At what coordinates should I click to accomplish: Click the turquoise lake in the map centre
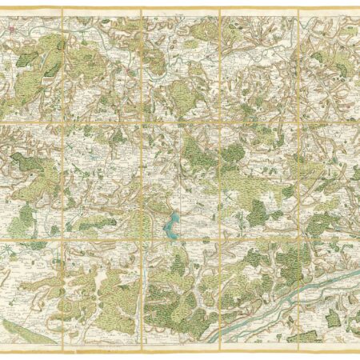point(170,226)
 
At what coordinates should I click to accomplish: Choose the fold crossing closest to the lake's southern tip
point(142,240)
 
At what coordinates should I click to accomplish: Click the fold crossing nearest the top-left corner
point(62,122)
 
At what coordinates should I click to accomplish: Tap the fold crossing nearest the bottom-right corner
point(298,240)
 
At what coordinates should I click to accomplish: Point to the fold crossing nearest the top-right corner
point(298,122)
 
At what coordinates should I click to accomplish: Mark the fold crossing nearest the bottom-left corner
point(62,240)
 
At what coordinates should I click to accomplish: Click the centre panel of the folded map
point(180,180)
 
